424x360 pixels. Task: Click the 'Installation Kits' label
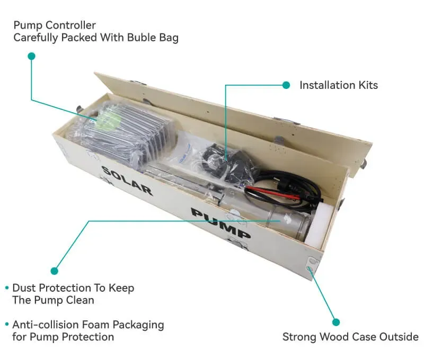point(339,85)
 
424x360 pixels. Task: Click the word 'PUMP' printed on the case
point(220,223)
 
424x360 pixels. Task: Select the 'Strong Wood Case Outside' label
point(350,337)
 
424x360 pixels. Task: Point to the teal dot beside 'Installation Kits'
point(286,85)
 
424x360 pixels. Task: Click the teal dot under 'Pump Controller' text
point(31,56)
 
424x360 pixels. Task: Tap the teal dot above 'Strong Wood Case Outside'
point(335,321)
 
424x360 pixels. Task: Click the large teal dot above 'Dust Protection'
point(54,271)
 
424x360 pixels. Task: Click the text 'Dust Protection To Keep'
point(73,288)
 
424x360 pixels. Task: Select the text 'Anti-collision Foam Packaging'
point(88,325)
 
